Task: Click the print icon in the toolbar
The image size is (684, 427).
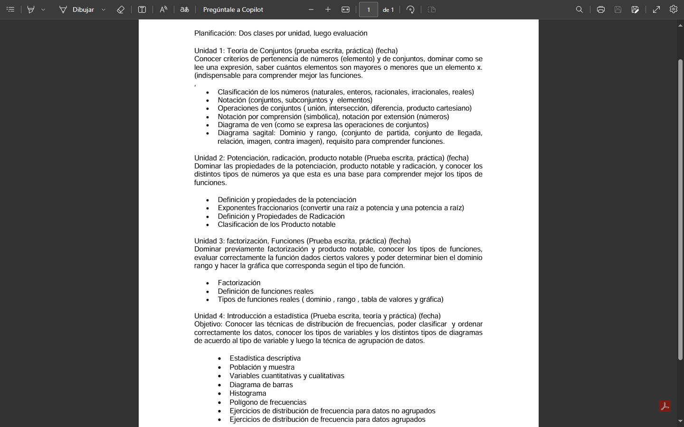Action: coord(600,9)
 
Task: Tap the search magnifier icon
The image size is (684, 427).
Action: coord(579,9)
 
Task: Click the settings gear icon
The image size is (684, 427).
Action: coord(673,9)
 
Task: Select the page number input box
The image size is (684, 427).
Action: coord(368,9)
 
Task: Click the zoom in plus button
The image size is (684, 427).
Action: coord(328,9)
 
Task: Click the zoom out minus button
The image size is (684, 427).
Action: coord(311,9)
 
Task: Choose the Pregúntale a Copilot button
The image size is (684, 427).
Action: coord(233,9)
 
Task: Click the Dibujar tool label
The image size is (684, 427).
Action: coord(83,9)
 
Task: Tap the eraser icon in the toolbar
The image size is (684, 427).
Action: coord(121,9)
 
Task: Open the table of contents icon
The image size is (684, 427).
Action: coord(10,9)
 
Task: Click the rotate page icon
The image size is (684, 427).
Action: coord(410,9)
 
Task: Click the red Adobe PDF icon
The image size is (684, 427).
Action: coord(665,406)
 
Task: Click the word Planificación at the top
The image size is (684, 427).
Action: coord(215,33)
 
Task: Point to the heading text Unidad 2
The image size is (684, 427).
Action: coord(209,158)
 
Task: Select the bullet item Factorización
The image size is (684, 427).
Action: coord(239,283)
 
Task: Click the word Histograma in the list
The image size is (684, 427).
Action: coord(247,393)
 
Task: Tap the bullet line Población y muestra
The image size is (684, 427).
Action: coord(262,367)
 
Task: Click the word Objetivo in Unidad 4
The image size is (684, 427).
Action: coord(208,324)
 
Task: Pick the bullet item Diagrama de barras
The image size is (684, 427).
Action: coord(261,385)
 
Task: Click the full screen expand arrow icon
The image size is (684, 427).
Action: coord(656,9)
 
